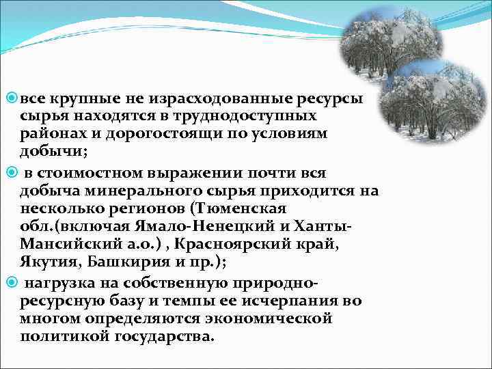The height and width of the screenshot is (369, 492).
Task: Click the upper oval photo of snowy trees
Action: [x=391, y=40]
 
